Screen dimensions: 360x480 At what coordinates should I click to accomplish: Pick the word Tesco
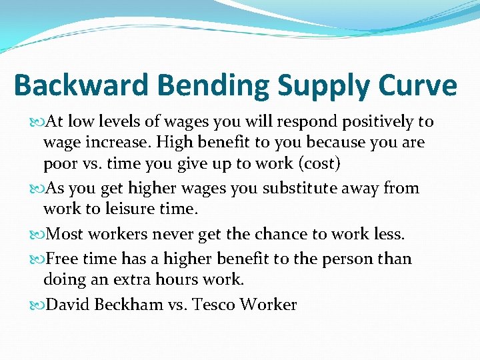(213, 305)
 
